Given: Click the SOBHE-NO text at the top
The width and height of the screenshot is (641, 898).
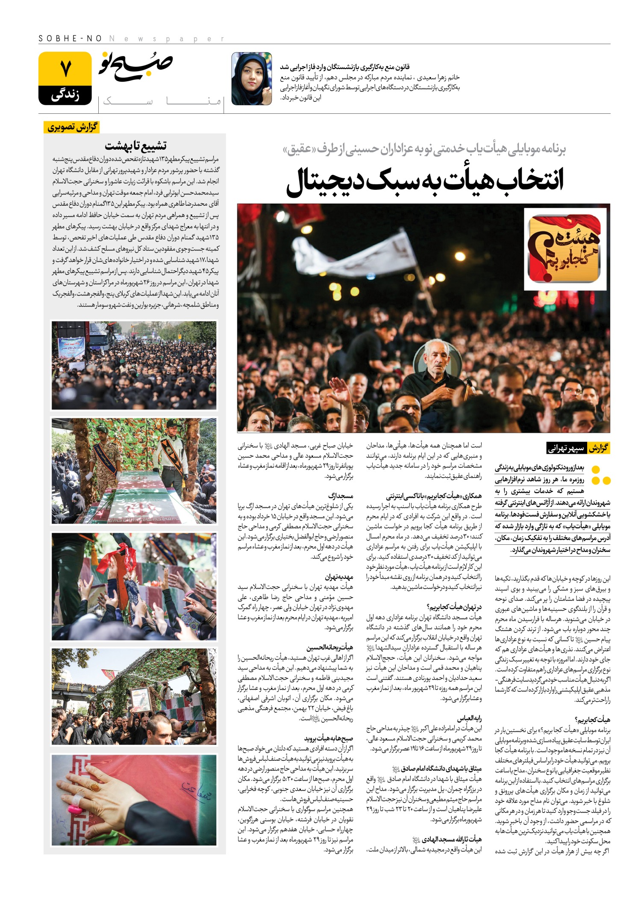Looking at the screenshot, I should tap(70, 39).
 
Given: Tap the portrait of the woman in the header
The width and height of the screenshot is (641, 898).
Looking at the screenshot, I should tap(251, 79).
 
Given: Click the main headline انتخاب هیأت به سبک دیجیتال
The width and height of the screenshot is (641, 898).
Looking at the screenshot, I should tap(425, 181).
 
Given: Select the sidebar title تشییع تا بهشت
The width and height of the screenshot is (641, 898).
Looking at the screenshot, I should tap(135, 146).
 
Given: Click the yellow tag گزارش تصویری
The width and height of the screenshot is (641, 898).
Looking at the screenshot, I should tap(72, 127).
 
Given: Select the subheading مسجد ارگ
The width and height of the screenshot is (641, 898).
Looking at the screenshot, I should tap(341, 496).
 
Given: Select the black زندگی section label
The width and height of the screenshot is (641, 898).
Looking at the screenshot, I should tap(65, 95).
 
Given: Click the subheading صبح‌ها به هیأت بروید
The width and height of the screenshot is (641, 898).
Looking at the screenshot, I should tap(329, 738).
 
